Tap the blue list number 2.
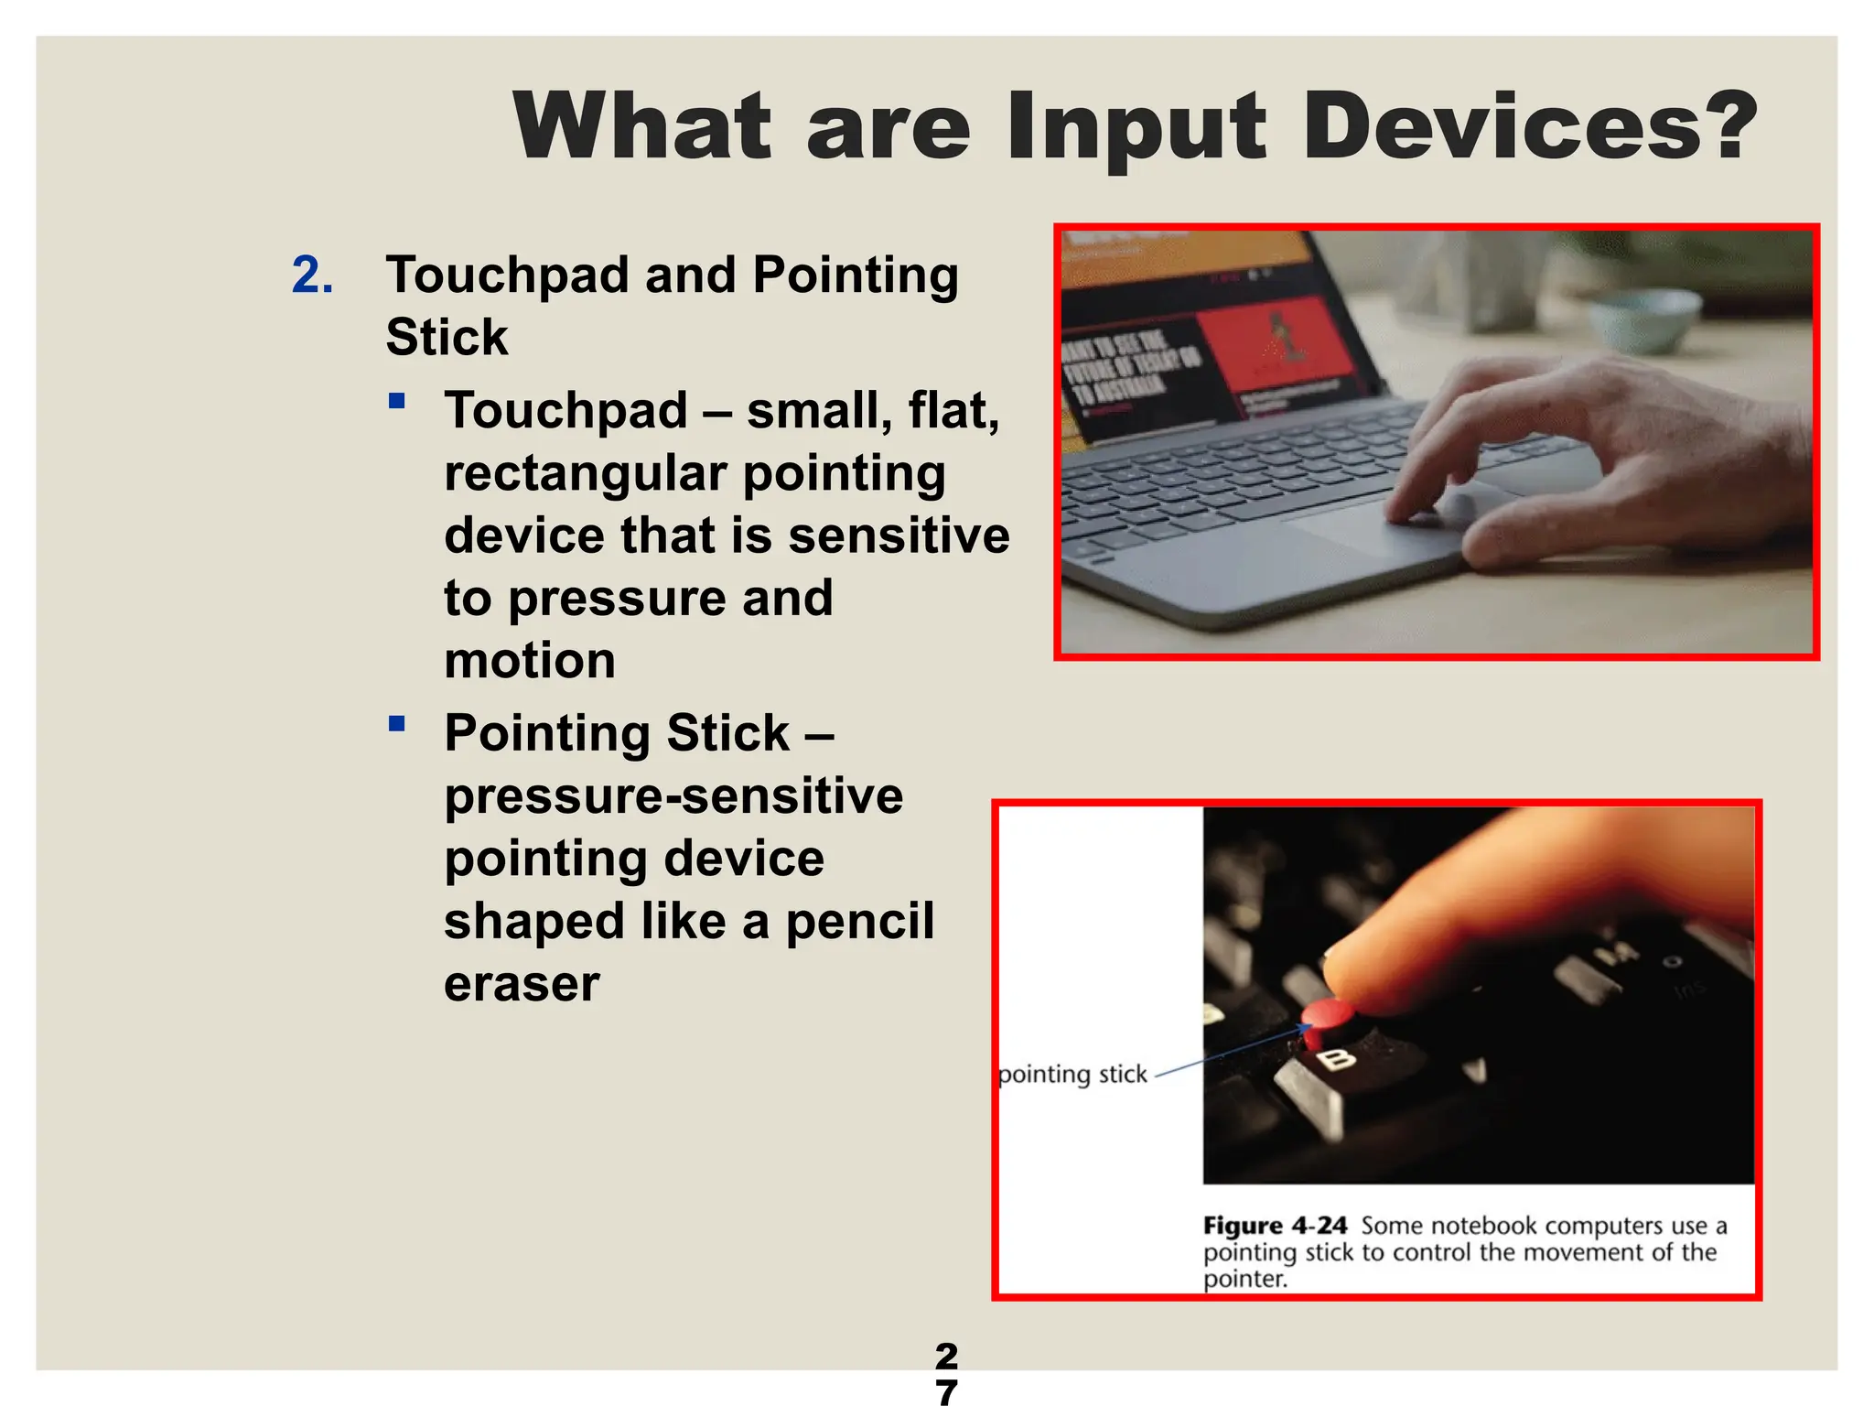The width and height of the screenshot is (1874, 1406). [312, 276]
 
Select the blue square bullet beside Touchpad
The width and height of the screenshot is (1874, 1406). [396, 400]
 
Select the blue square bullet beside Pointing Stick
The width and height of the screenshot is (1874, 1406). [396, 724]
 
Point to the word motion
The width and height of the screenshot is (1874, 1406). [530, 660]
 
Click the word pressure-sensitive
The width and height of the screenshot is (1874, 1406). [673, 795]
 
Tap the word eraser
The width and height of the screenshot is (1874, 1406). [522, 983]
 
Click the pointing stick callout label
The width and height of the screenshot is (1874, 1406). [1072, 1074]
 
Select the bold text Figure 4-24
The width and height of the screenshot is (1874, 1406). [1275, 1225]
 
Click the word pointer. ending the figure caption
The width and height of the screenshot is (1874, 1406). [1244, 1279]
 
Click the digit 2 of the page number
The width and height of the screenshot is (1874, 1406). [946, 1355]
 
